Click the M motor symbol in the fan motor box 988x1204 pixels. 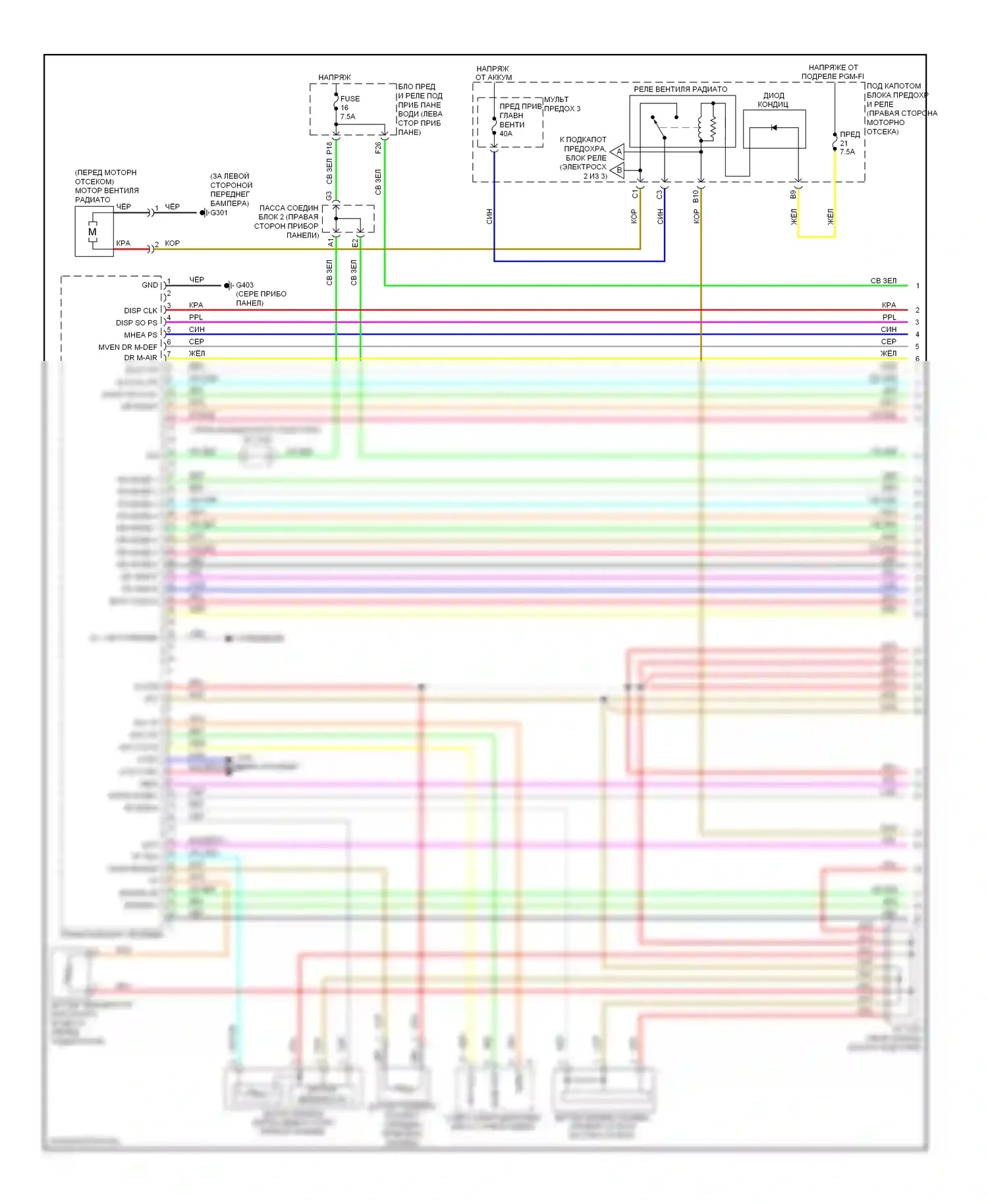pyautogui.click(x=92, y=232)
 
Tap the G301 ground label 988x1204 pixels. pyautogui.click(x=219, y=213)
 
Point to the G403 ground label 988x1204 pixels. pyautogui.click(x=244, y=285)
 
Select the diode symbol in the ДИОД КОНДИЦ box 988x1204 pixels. pyautogui.click(x=774, y=127)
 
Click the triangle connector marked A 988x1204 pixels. pyautogui.click(x=618, y=152)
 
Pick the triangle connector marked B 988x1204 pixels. pyautogui.click(x=618, y=170)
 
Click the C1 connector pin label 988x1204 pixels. pyautogui.click(x=635, y=194)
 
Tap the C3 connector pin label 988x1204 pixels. pyautogui.click(x=660, y=194)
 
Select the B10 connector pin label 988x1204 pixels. pyautogui.click(x=696, y=196)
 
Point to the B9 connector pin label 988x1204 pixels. pyautogui.click(x=793, y=194)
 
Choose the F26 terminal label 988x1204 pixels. pyautogui.click(x=378, y=148)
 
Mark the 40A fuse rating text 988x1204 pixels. pyautogui.click(x=506, y=134)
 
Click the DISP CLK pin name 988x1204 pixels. pyautogui.click(x=141, y=310)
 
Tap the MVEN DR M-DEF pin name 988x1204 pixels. pyautogui.click(x=128, y=347)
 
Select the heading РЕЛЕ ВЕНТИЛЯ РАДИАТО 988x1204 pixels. pyautogui.click(x=680, y=89)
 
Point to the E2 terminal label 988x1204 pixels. pyautogui.click(x=354, y=243)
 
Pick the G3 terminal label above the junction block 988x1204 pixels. pyautogui.click(x=329, y=196)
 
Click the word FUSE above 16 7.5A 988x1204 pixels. pyautogui.click(x=350, y=99)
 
